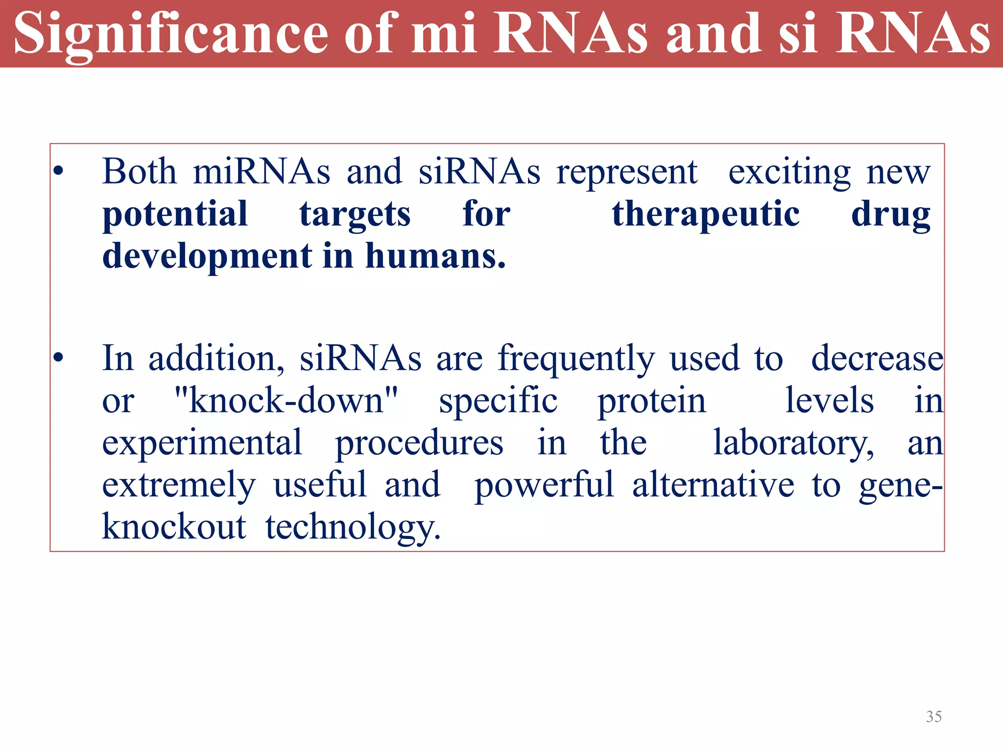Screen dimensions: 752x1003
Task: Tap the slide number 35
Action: pos(933,717)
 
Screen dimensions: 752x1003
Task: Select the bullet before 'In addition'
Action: pos(59,358)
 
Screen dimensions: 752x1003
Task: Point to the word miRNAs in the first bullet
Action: pos(262,172)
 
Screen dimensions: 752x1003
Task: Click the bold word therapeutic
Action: pos(706,214)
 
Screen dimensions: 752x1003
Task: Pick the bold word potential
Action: pos(175,214)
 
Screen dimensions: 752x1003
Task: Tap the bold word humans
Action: pos(435,256)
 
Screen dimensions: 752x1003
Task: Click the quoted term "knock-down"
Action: pos(286,400)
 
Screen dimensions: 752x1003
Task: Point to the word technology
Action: pos(353,528)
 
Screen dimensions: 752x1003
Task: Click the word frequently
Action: pos(576,359)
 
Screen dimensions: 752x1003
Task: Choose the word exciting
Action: pos(789,172)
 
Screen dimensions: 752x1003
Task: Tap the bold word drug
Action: pos(890,214)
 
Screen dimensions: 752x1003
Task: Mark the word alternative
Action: pos(713,485)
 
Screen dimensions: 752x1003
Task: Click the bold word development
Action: pos(207,257)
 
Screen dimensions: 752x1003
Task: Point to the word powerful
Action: pos(544,485)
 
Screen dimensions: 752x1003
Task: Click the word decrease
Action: pos(877,358)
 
